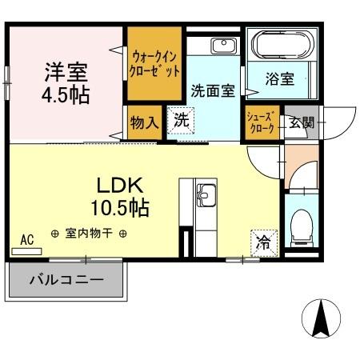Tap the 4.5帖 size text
(x=66, y=94)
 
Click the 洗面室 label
(x=212, y=90)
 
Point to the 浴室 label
(x=280, y=79)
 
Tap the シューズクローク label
(x=262, y=123)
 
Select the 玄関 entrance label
(x=302, y=123)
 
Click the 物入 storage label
(x=144, y=124)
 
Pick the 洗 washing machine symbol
(x=182, y=122)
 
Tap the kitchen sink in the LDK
(x=206, y=194)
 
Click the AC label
(x=26, y=238)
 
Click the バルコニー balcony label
(x=67, y=281)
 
